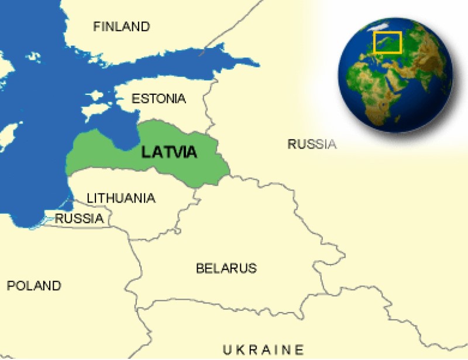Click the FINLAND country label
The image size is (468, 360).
121,26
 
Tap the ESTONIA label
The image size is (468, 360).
159,98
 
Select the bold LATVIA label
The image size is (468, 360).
169,152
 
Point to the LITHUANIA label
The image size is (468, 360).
121,198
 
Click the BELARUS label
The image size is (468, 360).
226,269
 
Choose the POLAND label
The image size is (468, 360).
34,286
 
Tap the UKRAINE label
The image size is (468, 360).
263,349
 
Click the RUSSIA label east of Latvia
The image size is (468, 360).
312,144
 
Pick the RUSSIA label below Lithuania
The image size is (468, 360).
79,219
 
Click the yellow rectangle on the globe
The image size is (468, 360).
387,42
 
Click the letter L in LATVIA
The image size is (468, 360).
146,152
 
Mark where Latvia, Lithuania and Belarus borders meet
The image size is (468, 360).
195,188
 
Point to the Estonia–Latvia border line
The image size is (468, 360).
175,124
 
